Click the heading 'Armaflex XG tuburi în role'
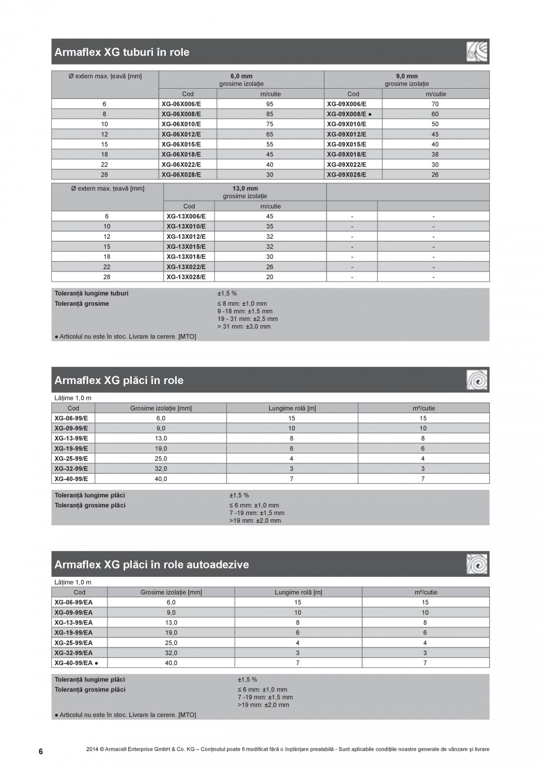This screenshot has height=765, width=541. (x=122, y=52)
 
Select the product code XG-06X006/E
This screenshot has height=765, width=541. (x=181, y=103)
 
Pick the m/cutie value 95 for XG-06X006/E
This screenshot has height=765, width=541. (x=270, y=103)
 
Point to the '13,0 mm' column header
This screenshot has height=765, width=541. (x=245, y=188)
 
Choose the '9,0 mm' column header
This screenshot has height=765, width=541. (x=406, y=76)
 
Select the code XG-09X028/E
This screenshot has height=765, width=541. (x=346, y=175)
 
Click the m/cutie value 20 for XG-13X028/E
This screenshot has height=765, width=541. (x=270, y=276)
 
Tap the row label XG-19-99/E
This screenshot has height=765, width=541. (x=71, y=448)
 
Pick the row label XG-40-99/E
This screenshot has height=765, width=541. (x=71, y=479)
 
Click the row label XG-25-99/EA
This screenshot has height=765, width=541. (x=73, y=643)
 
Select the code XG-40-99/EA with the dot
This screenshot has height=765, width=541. (x=75, y=663)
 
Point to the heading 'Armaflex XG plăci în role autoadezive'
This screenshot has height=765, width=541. (x=151, y=564)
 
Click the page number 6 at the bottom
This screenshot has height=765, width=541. (x=41, y=751)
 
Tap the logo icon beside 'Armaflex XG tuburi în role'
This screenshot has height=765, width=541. (x=477, y=52)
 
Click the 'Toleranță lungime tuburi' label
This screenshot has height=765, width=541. (x=92, y=293)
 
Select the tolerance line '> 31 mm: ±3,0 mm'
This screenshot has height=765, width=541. (x=244, y=326)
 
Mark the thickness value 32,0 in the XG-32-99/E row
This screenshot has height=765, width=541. (x=161, y=469)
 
